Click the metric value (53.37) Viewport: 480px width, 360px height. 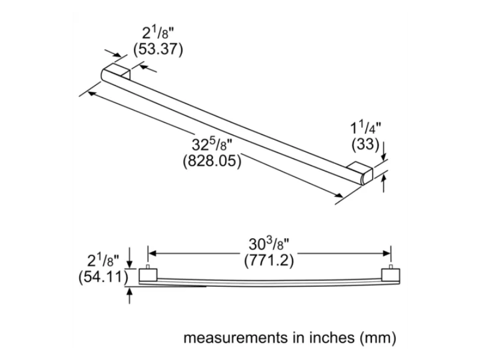point(158,49)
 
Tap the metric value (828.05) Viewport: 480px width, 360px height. point(211,161)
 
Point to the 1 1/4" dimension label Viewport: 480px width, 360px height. point(365,127)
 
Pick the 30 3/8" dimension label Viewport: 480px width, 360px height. point(270,244)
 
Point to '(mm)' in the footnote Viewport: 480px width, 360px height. point(379,338)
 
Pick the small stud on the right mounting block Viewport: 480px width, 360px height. point(391,266)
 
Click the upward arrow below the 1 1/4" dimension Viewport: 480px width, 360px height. point(385,183)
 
